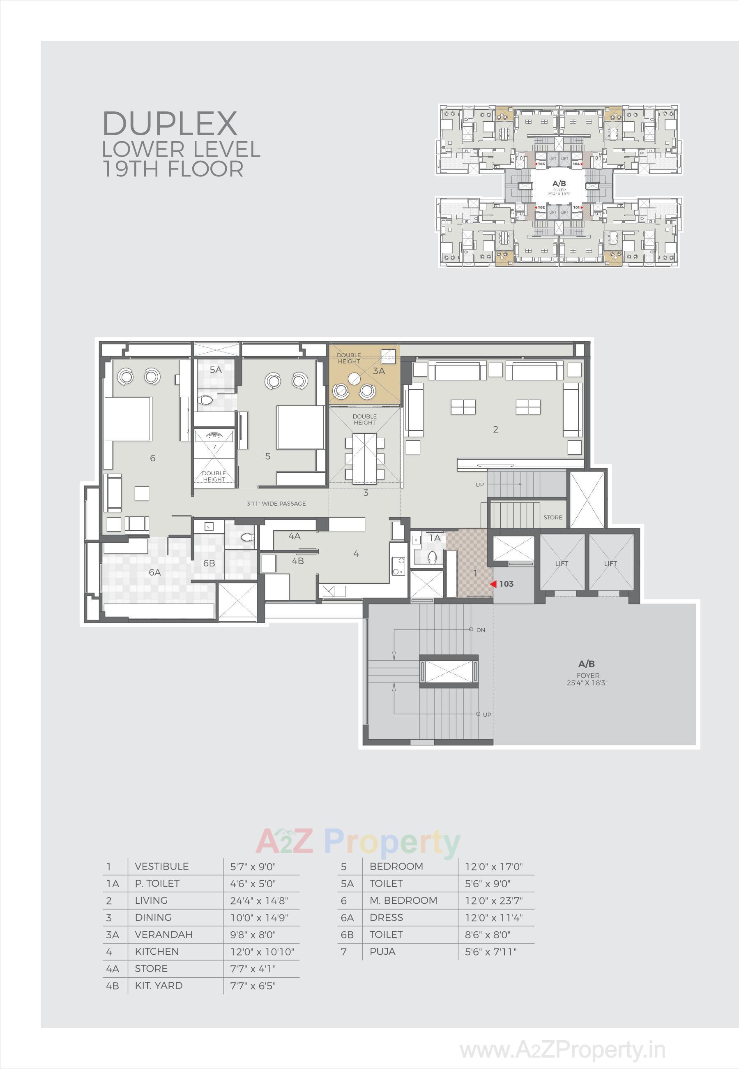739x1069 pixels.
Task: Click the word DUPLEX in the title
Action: [x=170, y=124]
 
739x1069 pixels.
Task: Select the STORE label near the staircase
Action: [x=553, y=517]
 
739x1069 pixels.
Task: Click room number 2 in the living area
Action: [x=495, y=430]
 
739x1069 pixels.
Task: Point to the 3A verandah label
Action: [x=379, y=371]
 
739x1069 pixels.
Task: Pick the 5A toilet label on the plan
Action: [x=215, y=370]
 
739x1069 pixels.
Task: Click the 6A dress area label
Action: [x=154, y=573]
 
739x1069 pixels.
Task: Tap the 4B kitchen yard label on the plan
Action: [x=298, y=561]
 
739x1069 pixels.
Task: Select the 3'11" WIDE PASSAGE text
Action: [x=276, y=504]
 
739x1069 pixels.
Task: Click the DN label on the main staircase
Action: [x=481, y=630]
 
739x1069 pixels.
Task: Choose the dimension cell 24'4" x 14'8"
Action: [x=259, y=900]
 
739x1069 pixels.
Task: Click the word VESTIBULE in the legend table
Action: [x=161, y=866]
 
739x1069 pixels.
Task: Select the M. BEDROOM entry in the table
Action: [x=403, y=900]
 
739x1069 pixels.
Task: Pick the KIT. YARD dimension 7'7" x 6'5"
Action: [x=253, y=986]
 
